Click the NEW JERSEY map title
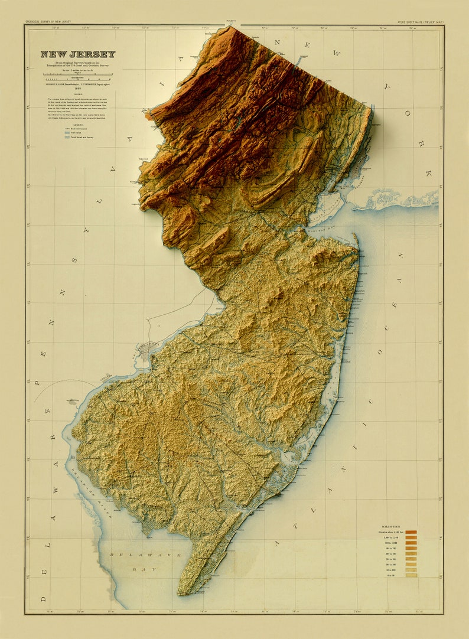click(78, 54)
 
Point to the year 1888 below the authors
click(78, 89)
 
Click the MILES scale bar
click(78, 74)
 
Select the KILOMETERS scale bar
click(78, 79)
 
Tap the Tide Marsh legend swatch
click(67, 132)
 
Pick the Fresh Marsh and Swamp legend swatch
click(67, 137)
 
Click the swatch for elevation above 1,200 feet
click(411, 532)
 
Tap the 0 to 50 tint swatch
click(411, 575)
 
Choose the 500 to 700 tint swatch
click(411, 548)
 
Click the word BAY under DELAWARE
click(139, 570)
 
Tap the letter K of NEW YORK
click(428, 173)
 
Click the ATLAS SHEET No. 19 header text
click(420, 22)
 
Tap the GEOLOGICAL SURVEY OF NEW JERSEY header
click(47, 22)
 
